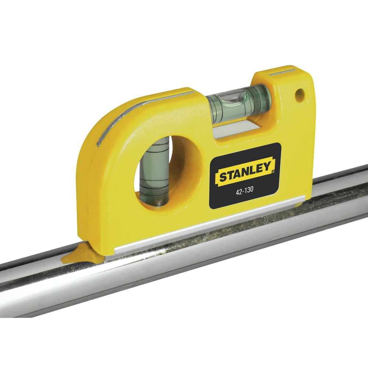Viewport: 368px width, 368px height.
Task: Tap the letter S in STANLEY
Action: click(223, 177)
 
